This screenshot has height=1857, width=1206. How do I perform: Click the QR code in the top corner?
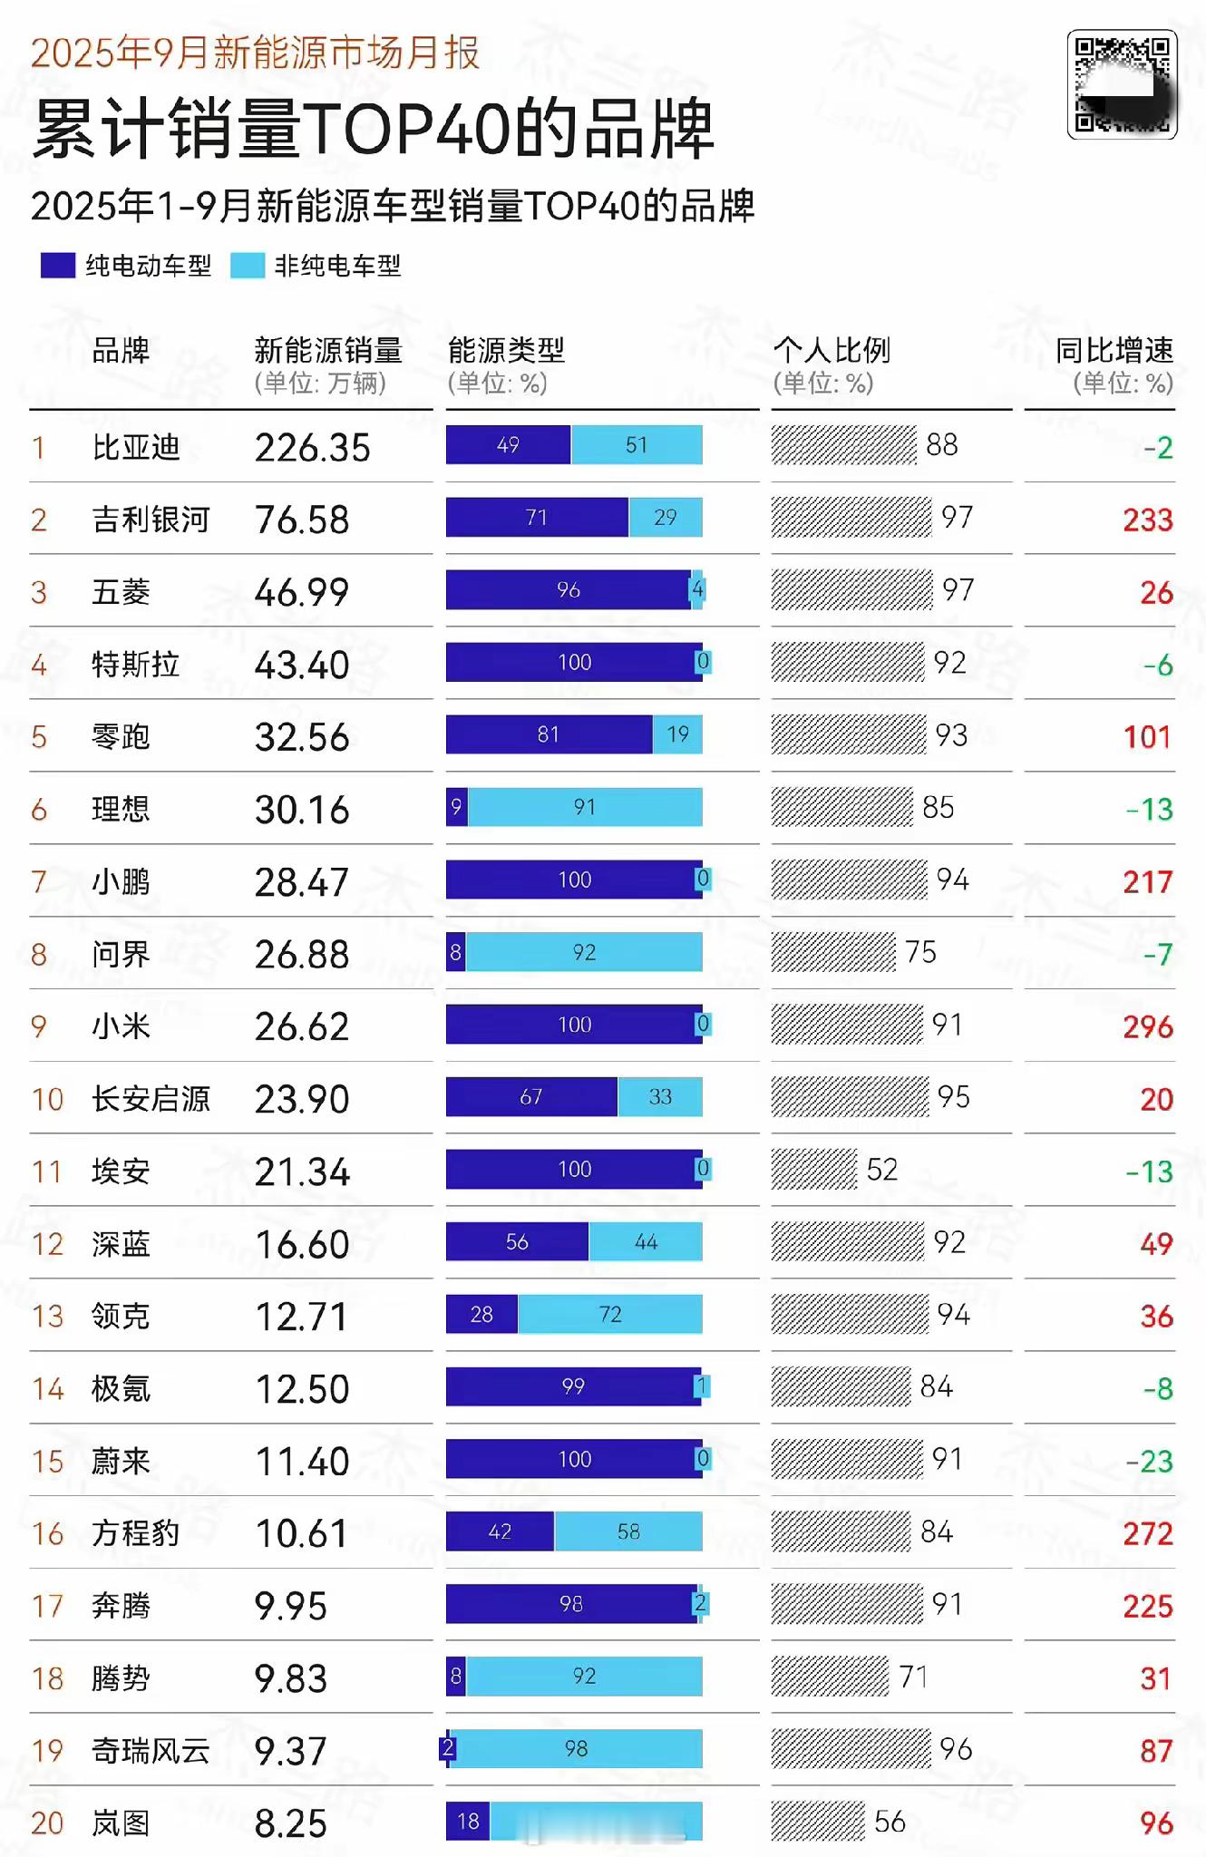pos(1122,84)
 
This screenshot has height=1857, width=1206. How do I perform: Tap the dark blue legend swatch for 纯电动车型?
pos(58,266)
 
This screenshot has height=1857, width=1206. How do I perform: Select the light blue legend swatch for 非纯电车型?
pos(248,266)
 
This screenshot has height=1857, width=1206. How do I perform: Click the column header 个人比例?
pos(831,350)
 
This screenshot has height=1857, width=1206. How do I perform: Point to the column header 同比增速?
pos(1114,350)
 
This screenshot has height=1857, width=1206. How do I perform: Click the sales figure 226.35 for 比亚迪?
pos(312,448)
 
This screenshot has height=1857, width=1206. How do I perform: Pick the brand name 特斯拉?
pos(136,665)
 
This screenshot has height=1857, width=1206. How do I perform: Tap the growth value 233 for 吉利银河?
pos(1147,520)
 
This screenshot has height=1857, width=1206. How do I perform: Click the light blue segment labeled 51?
pos(637,445)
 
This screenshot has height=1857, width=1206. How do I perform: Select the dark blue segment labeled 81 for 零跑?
pos(549,734)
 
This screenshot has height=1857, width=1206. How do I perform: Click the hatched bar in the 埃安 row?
pos(813,1169)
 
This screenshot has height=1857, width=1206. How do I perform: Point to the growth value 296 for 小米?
pos(1147,1026)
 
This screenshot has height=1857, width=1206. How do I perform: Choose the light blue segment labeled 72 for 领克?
pos(610,1314)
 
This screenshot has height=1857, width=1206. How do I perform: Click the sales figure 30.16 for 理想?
pos(302,810)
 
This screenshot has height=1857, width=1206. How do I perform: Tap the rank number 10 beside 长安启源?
pos(47,1100)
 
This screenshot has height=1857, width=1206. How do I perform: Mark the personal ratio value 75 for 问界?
pos(920,952)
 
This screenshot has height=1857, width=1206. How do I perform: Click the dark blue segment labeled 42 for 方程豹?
pos(500,1531)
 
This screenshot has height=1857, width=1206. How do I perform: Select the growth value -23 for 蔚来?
pos(1149,1462)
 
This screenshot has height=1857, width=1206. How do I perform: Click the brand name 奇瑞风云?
pos(151,1751)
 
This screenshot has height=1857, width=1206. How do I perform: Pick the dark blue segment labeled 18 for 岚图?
pos(468,1822)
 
